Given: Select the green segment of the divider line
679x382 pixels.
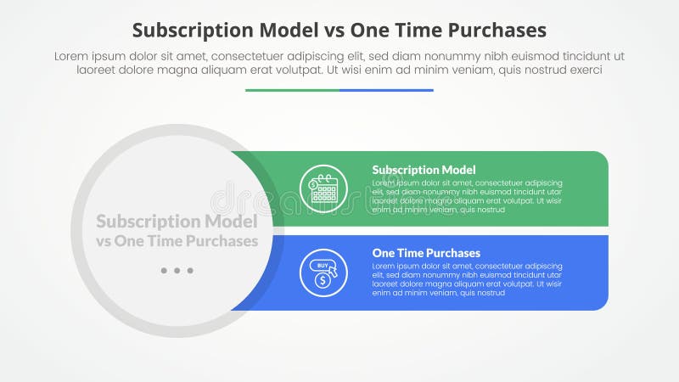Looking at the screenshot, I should [292, 90].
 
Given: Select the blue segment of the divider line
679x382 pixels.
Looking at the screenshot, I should [386, 90].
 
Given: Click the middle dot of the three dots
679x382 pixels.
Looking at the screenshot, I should [177, 271].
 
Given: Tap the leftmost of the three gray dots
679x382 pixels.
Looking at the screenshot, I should [163, 271].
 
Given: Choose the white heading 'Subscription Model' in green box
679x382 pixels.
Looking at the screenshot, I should [424, 170].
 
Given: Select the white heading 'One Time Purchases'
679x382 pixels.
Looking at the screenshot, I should [426, 253].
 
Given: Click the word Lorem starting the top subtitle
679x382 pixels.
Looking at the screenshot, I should [71, 56].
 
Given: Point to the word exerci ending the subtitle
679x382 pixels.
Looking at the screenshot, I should [585, 70].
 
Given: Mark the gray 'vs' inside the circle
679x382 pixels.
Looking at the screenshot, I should [104, 241].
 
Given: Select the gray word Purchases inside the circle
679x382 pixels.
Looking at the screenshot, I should [220, 241].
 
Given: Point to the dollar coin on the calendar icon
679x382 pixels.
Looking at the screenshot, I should [313, 183].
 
